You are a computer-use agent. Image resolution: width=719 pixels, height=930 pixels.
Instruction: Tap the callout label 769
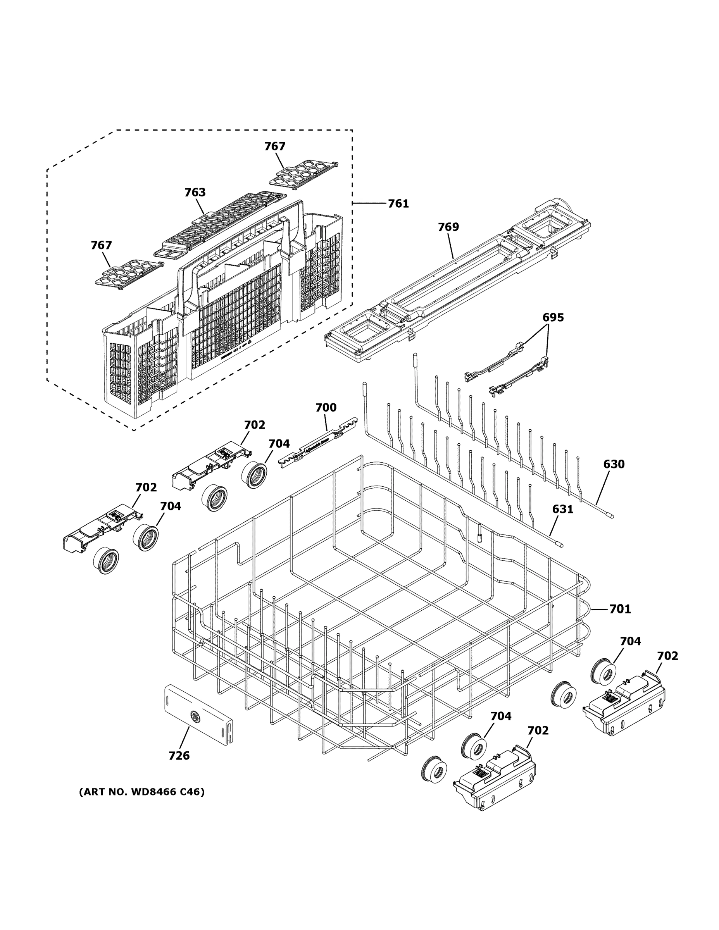click(448, 227)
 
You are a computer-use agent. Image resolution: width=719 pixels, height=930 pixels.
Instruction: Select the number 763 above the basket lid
click(195, 193)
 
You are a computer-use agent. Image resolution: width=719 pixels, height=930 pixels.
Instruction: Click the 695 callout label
click(553, 317)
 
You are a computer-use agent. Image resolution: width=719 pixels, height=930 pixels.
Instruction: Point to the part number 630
click(613, 464)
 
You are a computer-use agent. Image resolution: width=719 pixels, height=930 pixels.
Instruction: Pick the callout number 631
click(562, 509)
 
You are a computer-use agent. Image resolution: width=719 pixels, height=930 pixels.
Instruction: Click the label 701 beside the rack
click(620, 610)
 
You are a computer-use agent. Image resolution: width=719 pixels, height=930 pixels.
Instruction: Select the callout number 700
click(326, 408)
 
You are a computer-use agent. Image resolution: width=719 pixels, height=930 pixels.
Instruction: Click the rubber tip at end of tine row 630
click(610, 516)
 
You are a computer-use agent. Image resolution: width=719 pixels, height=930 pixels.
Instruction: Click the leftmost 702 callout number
click(146, 487)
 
